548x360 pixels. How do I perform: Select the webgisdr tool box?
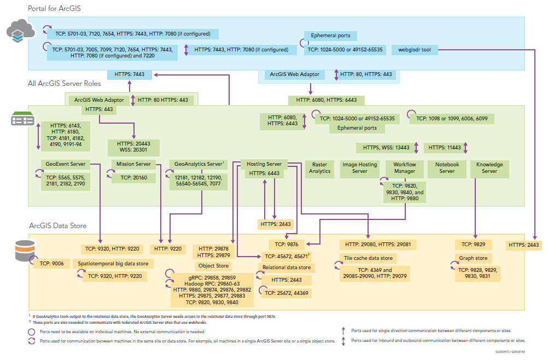pyautogui.click(x=415, y=50)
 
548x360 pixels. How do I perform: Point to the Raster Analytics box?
pyautogui.click(x=320, y=168)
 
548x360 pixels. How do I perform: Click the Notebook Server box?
pyautogui.click(x=447, y=168)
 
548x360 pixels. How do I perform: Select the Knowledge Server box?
pyautogui.click(x=489, y=168)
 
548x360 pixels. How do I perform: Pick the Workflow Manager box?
pyautogui.click(x=404, y=168)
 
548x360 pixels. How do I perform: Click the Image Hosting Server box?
pyautogui.click(x=359, y=168)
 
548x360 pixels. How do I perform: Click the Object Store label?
pyautogui.click(x=214, y=266)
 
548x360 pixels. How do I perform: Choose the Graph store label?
pyautogui.click(x=474, y=258)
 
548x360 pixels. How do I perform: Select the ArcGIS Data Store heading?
pyautogui.click(x=57, y=225)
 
